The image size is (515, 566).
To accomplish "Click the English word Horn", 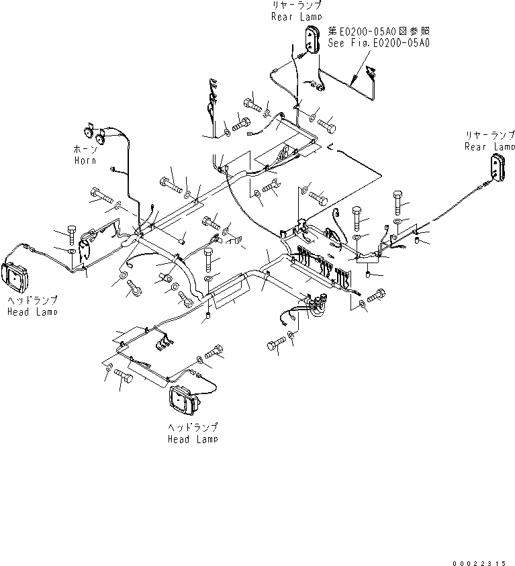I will (x=85, y=160).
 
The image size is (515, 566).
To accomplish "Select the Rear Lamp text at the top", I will (x=296, y=17).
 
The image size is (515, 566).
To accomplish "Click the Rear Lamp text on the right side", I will (x=489, y=146).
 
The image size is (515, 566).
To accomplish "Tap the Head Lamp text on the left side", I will (x=32, y=312).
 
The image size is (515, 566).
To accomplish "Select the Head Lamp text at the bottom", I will (x=193, y=439).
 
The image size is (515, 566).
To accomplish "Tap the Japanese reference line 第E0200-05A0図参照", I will (x=379, y=31).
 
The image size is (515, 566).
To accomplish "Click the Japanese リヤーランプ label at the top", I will (x=296, y=6).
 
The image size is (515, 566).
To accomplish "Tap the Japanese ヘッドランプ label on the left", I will (x=32, y=301).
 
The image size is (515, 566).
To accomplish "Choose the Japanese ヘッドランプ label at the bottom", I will (x=193, y=428).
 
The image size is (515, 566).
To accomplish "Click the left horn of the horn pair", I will (x=87, y=131).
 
